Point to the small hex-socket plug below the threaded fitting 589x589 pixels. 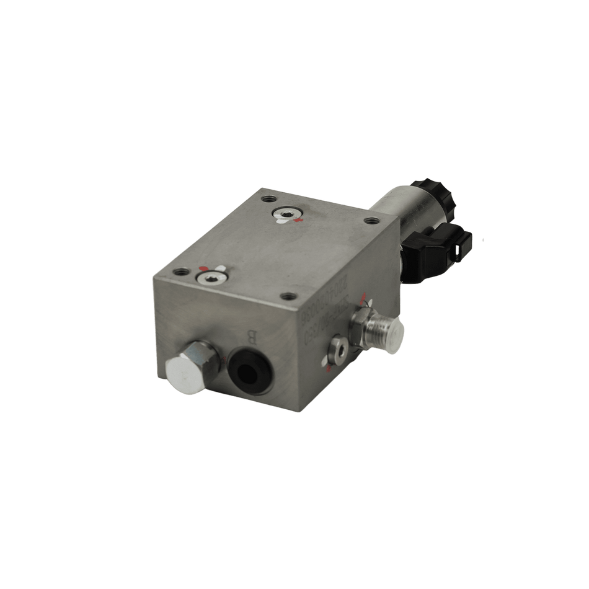pyautogui.click(x=340, y=350)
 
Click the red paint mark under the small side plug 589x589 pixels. pyautogui.click(x=329, y=369)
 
